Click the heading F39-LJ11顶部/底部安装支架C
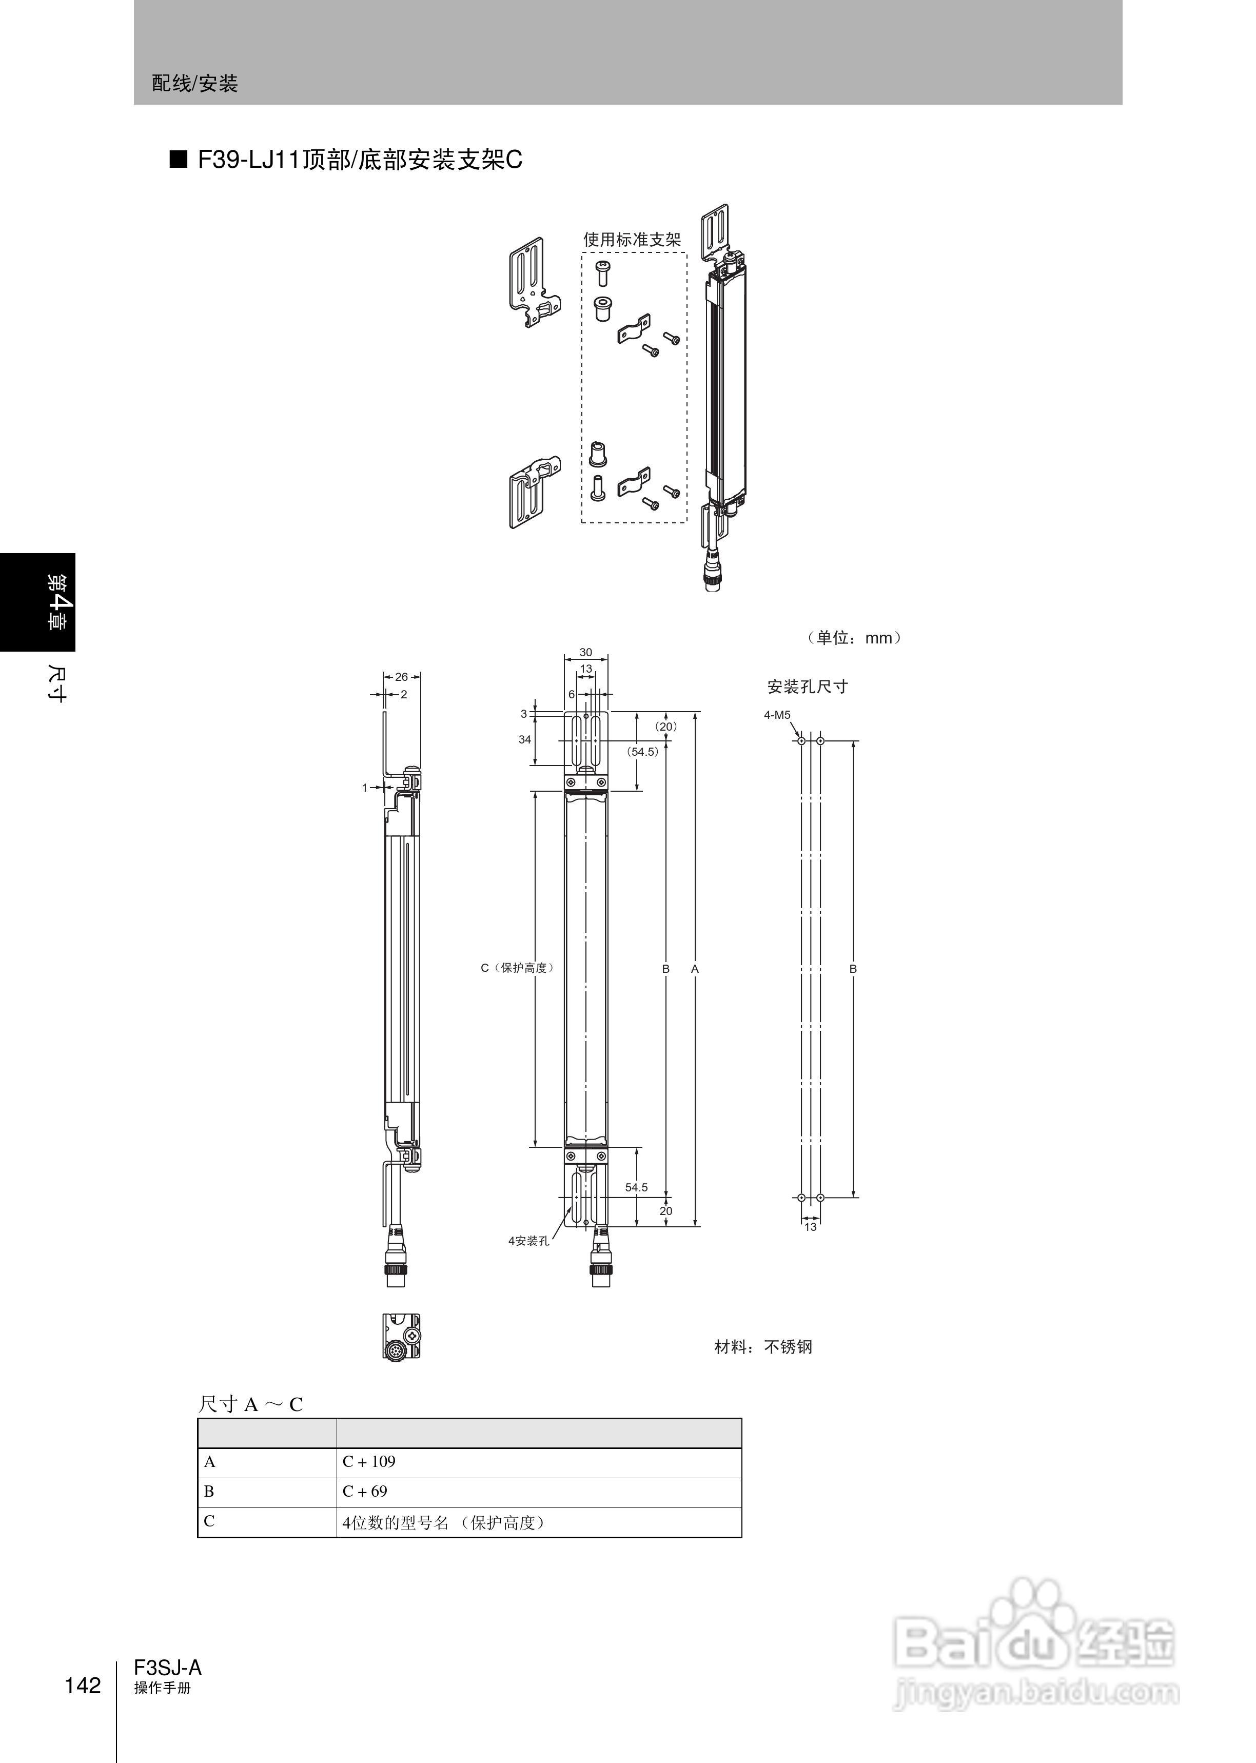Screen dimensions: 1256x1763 coord(360,160)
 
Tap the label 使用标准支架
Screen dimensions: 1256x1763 coord(632,240)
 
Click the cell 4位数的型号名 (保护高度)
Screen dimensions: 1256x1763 coord(538,1522)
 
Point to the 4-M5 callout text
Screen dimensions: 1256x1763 coord(777,714)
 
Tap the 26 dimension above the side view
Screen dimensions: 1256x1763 coord(401,677)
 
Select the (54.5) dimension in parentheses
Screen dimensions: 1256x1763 coord(642,752)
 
